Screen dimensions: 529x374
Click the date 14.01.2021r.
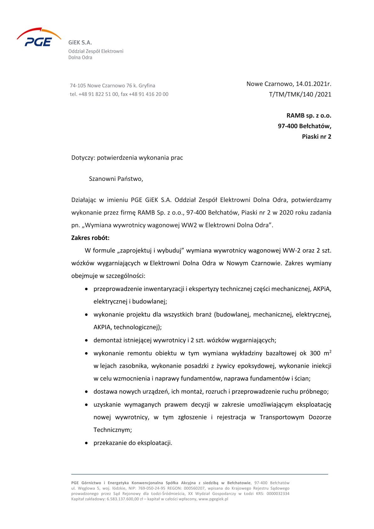[x=313, y=84]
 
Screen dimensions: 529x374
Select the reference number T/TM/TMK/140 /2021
[x=300, y=94]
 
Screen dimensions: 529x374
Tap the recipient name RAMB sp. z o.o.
[x=309, y=116]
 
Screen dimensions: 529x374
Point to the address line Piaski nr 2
[x=316, y=137]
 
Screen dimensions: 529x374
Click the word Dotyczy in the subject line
[x=83, y=158]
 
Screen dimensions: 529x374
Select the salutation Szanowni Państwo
[x=116, y=179]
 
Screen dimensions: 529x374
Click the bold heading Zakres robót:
[x=90, y=238]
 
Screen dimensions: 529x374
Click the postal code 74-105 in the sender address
[x=78, y=86]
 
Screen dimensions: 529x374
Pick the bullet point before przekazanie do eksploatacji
[x=86, y=443]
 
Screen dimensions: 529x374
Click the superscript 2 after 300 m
[x=330, y=352]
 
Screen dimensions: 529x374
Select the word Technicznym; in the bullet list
[x=113, y=430]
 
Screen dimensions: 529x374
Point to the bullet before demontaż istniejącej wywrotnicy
[x=86, y=340]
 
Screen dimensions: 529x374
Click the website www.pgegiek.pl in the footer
[x=213, y=499]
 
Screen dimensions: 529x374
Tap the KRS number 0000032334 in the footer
[x=278, y=494]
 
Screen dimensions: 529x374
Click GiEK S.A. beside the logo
[x=80, y=43]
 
